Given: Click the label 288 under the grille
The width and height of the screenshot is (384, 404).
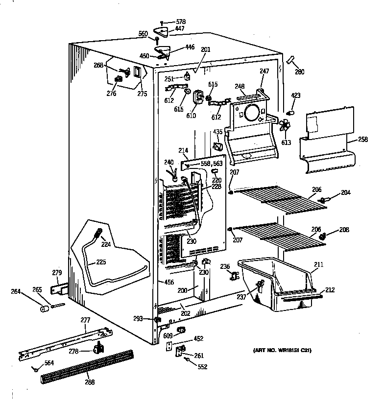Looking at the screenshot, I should tap(89, 382).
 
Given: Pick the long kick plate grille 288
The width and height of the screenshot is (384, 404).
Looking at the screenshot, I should tap(86, 365).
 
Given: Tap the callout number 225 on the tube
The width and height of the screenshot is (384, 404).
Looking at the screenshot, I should tap(101, 261).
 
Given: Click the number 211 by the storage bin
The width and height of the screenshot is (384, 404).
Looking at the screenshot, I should tap(318, 265).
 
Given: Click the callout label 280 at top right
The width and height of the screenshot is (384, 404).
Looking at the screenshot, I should tap(299, 72).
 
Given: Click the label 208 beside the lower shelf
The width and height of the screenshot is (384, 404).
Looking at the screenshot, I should tap(344, 229).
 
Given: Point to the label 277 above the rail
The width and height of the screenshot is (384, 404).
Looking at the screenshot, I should tap(85, 320).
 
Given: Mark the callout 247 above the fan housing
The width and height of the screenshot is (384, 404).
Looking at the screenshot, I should tap(264, 71).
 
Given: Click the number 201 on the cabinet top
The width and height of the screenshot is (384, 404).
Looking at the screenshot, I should tap(205, 49).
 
